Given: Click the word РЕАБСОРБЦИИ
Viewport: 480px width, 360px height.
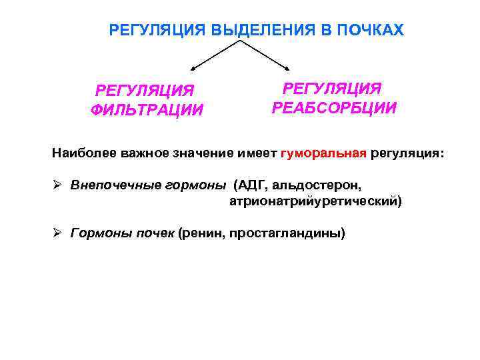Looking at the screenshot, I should (334, 108).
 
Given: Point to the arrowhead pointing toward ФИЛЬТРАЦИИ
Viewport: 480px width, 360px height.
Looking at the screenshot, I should (195, 67).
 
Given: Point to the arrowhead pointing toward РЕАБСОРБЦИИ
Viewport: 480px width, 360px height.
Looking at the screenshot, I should (287, 67).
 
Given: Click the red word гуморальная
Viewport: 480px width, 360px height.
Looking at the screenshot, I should (323, 154).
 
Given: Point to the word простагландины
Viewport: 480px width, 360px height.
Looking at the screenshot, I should (287, 233).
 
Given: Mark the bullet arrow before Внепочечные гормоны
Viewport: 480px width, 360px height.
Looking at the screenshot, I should (58, 185).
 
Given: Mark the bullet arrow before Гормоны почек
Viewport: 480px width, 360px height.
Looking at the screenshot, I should (58, 233).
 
